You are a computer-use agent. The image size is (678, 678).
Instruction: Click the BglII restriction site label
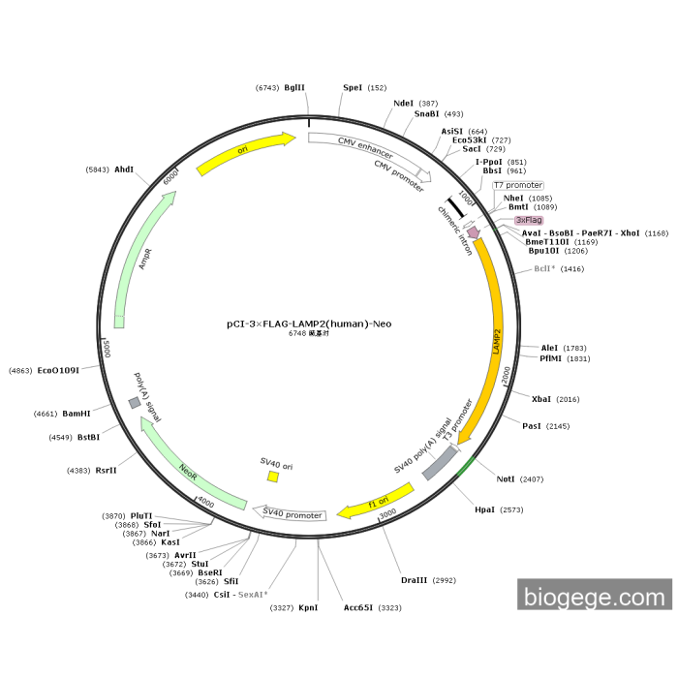(294, 88)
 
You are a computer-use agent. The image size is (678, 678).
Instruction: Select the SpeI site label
(353, 88)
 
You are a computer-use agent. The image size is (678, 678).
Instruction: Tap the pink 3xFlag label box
(529, 220)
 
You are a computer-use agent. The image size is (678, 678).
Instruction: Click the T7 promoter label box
(518, 185)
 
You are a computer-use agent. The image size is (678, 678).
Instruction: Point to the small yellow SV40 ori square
(273, 477)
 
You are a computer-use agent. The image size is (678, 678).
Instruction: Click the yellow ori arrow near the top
(246, 153)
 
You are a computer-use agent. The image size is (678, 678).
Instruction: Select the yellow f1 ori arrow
(376, 502)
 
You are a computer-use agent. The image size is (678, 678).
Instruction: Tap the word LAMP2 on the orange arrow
(496, 342)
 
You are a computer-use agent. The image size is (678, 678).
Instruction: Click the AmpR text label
(145, 259)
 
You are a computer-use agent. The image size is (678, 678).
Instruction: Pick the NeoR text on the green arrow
(188, 473)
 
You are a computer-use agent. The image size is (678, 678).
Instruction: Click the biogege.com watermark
(595, 598)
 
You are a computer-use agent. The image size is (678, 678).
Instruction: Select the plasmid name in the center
(309, 324)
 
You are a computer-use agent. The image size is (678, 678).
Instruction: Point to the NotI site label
(506, 479)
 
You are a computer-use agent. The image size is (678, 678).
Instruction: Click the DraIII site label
(414, 580)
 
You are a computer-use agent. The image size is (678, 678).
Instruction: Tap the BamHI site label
(77, 414)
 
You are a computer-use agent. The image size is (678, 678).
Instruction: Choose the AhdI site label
(124, 169)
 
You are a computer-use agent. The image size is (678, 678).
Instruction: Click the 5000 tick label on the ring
(107, 349)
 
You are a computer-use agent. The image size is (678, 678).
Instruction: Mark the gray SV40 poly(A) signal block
(440, 463)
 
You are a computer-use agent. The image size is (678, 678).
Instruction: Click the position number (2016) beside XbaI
(568, 399)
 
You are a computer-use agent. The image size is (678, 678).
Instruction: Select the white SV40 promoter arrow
(290, 512)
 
